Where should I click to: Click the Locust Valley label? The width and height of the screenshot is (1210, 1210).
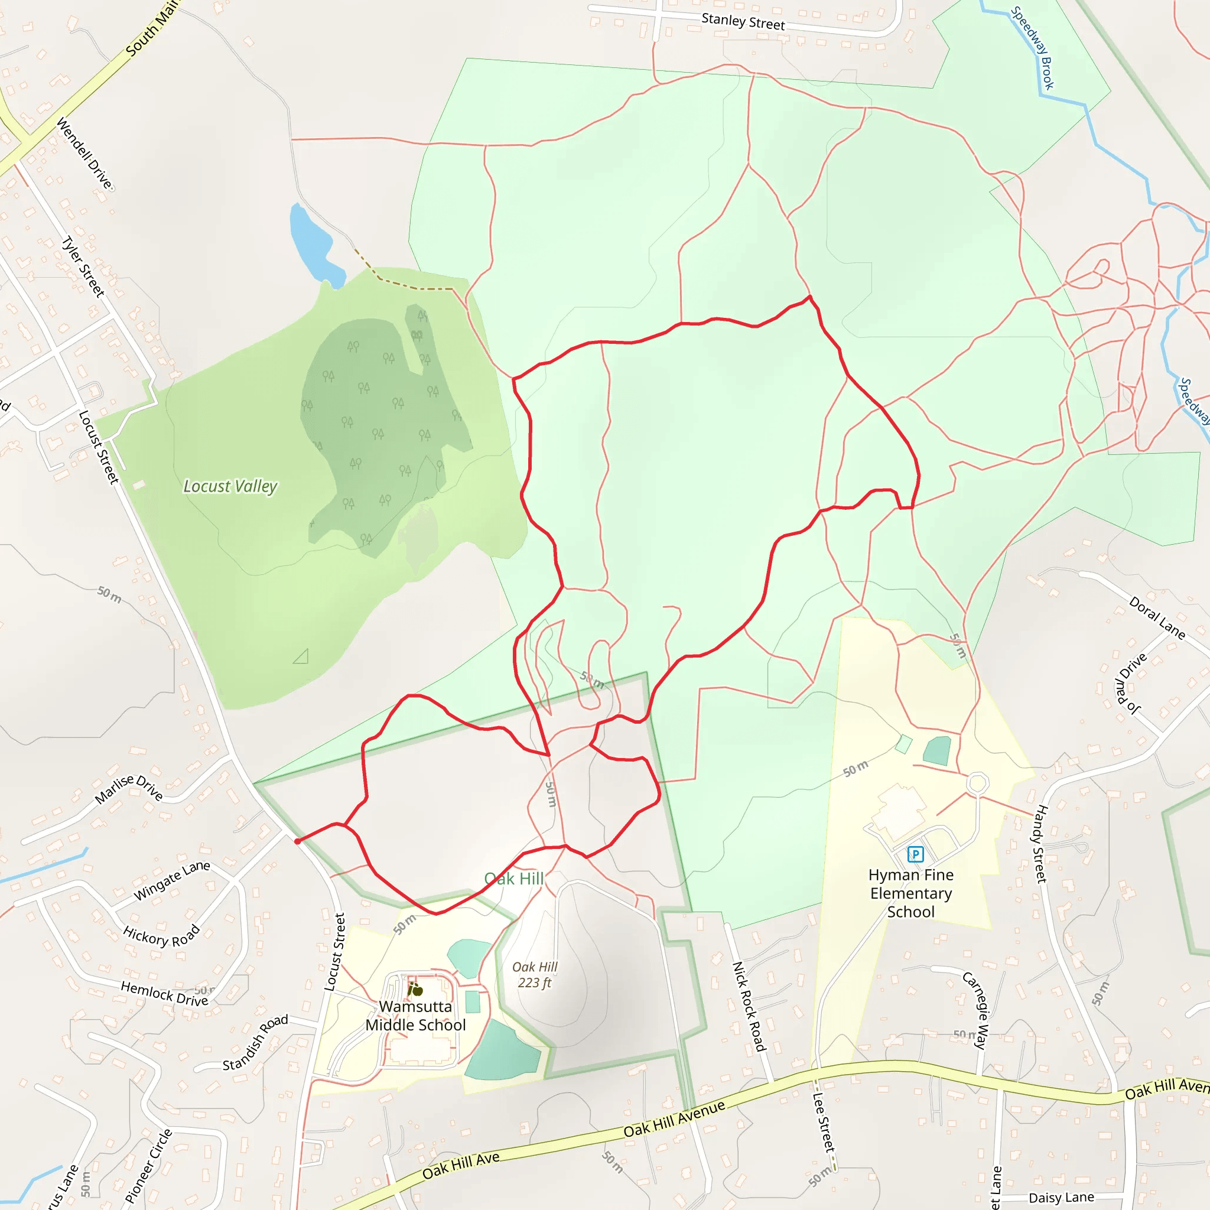tap(230, 486)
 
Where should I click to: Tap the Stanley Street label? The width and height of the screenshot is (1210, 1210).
tap(743, 22)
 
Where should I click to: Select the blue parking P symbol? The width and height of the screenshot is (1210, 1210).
tap(915, 854)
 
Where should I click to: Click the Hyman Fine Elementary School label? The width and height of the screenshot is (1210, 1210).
tap(910, 893)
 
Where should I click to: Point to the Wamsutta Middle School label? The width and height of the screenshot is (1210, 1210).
tap(415, 1015)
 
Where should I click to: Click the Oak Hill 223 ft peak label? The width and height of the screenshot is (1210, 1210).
tap(534, 974)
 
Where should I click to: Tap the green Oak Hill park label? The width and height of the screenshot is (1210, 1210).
tap(513, 879)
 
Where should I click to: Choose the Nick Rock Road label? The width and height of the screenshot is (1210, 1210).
tap(749, 1006)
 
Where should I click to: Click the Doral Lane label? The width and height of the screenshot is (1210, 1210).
tap(1157, 618)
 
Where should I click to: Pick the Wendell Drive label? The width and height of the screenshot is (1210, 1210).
tap(84, 154)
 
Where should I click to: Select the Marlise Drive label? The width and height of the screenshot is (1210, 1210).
tap(128, 789)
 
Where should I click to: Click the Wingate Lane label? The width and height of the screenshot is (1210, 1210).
tap(171, 879)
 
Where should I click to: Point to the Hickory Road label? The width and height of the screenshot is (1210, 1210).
tap(161, 936)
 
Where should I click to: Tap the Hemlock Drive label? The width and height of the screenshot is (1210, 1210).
tap(164, 993)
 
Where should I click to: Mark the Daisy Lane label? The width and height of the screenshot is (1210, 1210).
tap(1061, 1198)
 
